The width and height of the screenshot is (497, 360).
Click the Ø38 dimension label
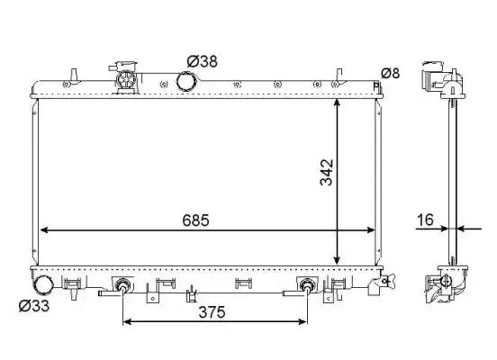point(203,61)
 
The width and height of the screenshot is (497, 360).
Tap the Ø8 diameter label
point(390,74)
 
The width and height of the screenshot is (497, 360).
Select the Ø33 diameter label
point(34,306)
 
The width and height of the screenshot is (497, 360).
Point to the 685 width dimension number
point(196,220)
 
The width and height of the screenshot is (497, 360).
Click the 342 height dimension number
point(327,173)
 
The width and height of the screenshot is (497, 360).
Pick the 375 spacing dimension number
point(212,312)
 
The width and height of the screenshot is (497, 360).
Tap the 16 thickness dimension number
point(425,220)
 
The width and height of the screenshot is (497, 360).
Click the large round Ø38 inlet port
point(187,81)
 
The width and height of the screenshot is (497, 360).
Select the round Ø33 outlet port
point(43,285)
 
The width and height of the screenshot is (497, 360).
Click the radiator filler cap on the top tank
point(126,78)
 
